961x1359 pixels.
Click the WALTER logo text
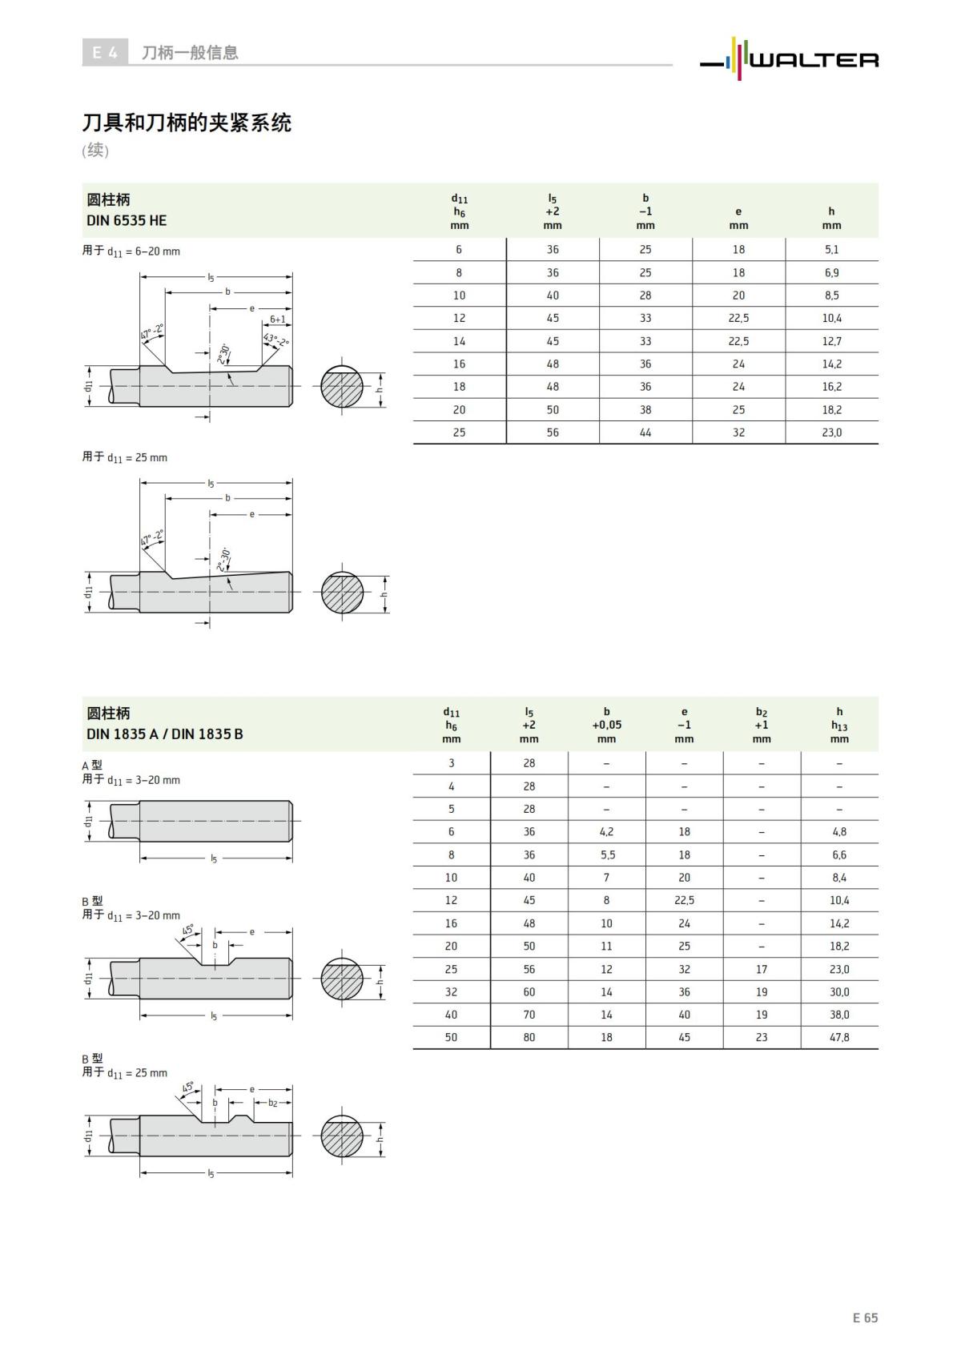tap(813, 60)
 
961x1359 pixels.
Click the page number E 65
tap(865, 1317)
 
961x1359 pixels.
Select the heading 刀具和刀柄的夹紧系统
tap(187, 123)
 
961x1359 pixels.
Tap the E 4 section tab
tap(105, 53)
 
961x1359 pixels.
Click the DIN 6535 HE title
tap(127, 220)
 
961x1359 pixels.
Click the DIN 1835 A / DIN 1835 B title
tap(164, 734)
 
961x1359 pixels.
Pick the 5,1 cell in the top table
tap(831, 250)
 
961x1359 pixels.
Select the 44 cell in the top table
tap(645, 432)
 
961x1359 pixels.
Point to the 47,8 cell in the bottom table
tap(839, 1037)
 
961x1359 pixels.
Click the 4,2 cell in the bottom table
tap(606, 832)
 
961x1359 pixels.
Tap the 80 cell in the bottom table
tap(529, 1037)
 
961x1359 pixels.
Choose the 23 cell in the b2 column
tap(762, 1037)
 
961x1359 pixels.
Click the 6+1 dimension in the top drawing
tap(277, 319)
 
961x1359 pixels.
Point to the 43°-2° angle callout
tap(276, 340)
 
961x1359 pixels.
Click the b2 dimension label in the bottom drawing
tap(273, 1103)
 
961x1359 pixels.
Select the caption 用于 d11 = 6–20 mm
tap(131, 251)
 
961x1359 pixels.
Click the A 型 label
tap(92, 765)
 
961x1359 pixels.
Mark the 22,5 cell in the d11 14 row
tap(738, 341)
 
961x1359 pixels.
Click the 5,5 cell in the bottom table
tap(606, 854)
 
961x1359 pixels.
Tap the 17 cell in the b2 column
tap(762, 969)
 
